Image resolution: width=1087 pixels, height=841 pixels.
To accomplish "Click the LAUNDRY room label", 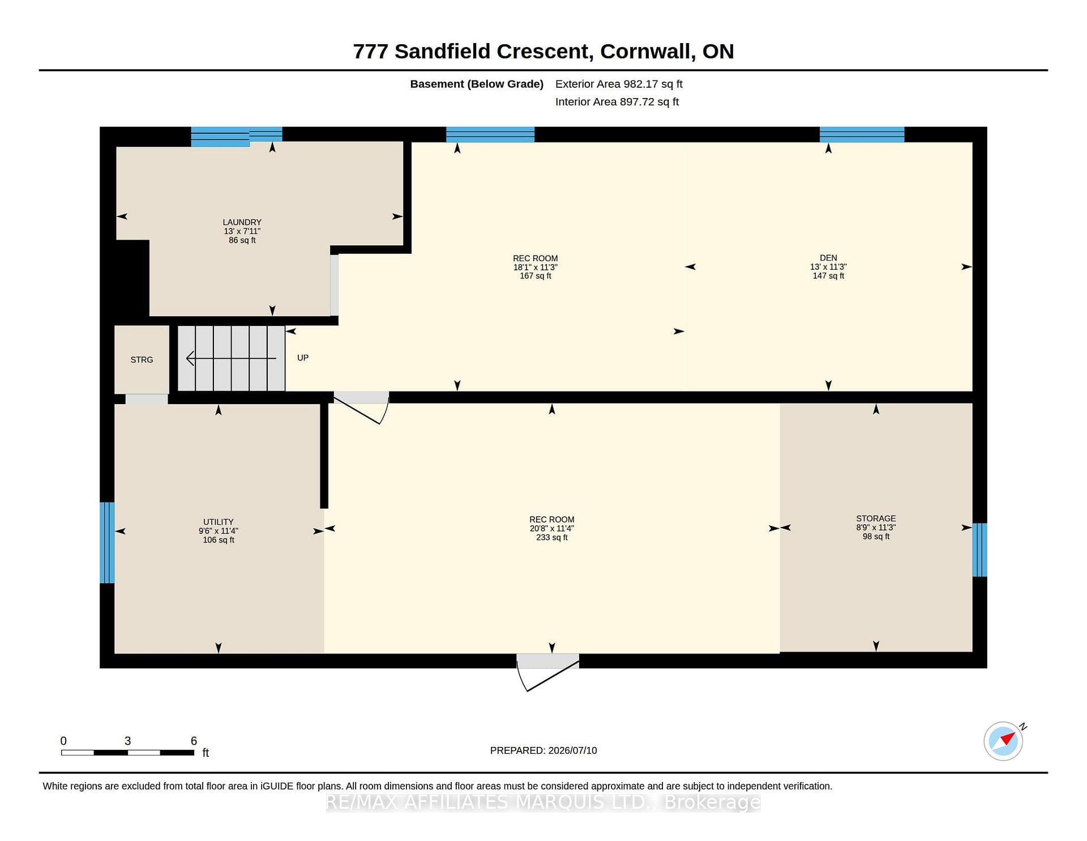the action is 242,222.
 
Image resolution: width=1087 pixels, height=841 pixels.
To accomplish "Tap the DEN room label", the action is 828,258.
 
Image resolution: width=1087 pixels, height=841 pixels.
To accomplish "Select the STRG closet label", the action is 142,360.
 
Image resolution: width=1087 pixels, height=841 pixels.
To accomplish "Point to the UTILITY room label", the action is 219,522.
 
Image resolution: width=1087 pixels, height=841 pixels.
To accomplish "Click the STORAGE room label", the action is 876,519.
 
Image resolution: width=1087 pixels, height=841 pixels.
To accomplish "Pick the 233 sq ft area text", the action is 552,537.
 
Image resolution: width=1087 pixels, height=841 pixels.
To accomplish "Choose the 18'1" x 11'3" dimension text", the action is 536,267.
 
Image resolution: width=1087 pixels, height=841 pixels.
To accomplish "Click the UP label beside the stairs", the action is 303,358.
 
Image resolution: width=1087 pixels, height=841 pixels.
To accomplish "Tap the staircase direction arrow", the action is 231,358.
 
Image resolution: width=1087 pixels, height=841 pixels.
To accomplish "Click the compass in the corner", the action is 1004,741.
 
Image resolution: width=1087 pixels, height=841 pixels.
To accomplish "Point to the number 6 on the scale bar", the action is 194,741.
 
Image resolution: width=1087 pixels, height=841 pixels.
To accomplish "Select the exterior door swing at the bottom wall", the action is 547,673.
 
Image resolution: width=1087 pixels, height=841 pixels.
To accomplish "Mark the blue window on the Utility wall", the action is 107,542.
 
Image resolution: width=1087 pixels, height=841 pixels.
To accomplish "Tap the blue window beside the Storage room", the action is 979,550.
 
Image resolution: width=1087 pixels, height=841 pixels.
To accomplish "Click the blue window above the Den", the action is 862,134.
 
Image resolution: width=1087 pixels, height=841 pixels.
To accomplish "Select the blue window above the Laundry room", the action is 236,137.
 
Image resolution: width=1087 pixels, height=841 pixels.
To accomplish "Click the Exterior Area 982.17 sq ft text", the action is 619,84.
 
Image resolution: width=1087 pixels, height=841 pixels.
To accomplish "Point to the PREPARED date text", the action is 543,750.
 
